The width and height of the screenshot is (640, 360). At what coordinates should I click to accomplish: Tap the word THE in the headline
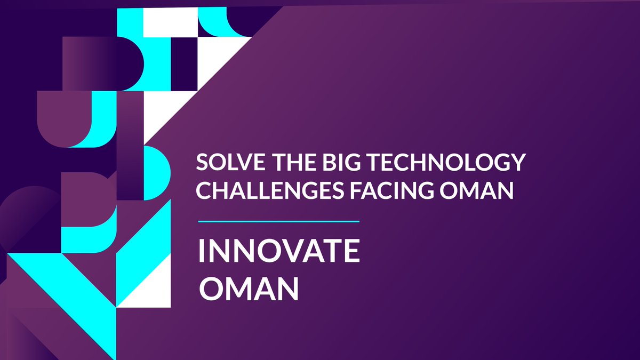(x=294, y=162)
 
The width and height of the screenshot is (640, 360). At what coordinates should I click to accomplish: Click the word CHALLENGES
(x=270, y=190)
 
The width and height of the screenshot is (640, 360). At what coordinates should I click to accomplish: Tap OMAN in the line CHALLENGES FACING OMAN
(x=477, y=190)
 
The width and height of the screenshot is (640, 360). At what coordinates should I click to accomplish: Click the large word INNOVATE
(x=279, y=251)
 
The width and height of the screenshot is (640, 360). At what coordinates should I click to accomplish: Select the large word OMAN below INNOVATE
(x=249, y=289)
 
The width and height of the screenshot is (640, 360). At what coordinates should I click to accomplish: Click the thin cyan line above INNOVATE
(x=278, y=221)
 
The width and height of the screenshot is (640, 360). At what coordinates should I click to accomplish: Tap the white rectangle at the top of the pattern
(x=170, y=22)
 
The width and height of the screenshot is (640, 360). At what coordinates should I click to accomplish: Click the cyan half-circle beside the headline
(x=157, y=173)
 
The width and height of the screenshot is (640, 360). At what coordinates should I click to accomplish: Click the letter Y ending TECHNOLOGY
(x=518, y=162)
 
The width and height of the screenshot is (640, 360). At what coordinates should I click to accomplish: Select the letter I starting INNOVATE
(x=201, y=251)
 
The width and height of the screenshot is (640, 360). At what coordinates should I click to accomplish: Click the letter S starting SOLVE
(x=202, y=162)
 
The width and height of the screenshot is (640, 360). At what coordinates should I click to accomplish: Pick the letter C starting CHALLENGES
(x=203, y=190)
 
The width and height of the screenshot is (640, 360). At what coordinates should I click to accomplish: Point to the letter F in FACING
(x=356, y=190)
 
